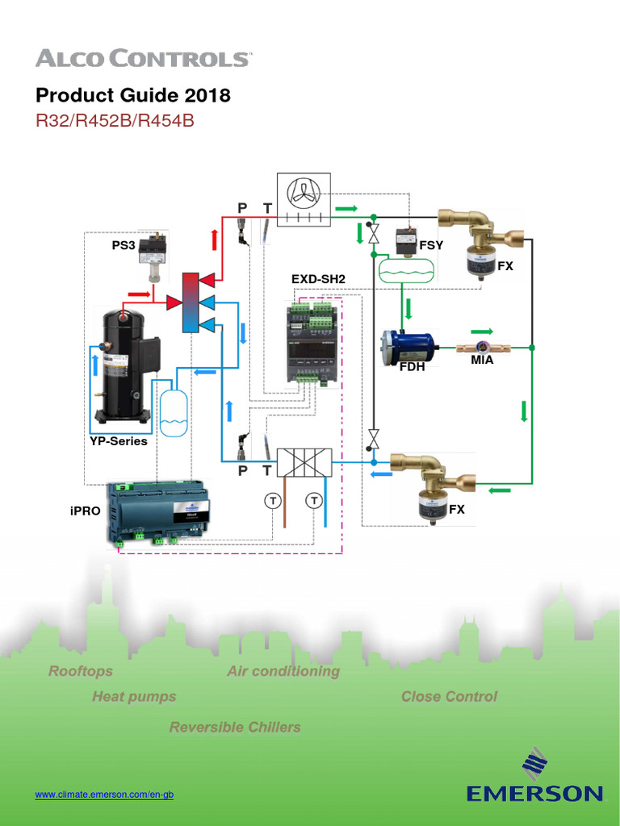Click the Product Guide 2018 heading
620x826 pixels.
(x=133, y=95)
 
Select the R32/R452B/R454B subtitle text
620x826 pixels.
(x=115, y=121)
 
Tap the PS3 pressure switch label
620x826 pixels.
(x=124, y=244)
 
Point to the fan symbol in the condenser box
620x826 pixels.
(x=305, y=192)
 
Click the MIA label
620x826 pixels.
(x=482, y=360)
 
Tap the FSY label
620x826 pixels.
(x=431, y=244)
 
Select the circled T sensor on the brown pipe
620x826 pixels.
(x=272, y=501)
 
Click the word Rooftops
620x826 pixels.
(x=81, y=671)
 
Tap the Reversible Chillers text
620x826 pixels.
(x=235, y=727)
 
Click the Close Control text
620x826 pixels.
(x=449, y=696)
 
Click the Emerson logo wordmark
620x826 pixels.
(x=534, y=793)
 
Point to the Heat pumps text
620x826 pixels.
(x=134, y=696)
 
